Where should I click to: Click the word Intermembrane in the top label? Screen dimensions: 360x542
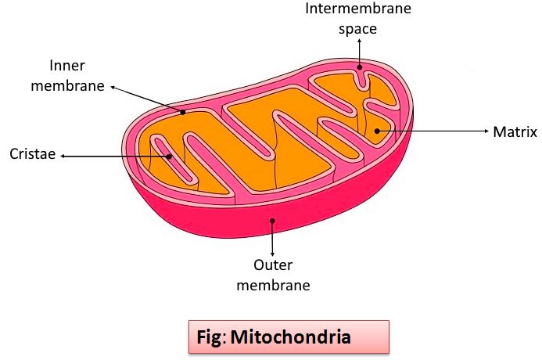coord(358,9)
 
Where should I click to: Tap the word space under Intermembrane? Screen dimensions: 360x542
coord(358,29)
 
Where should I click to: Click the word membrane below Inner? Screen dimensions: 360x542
coord(67,85)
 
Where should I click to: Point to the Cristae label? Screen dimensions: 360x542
coord(32,155)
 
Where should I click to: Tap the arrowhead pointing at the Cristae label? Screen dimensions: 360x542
coord(63,156)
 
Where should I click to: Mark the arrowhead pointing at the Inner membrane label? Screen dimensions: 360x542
coord(113,87)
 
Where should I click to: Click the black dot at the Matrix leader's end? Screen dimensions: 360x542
coord(378,131)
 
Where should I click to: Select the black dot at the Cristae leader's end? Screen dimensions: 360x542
coord(169,156)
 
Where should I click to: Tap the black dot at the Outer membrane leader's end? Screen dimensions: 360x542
coord(272,221)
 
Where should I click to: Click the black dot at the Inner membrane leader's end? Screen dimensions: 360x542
coord(183,112)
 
